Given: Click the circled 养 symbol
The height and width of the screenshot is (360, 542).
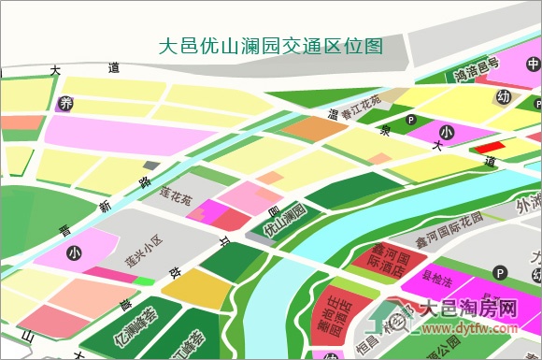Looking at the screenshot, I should tap(65, 104).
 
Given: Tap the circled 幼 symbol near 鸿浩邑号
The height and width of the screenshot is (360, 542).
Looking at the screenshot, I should tap(504, 96).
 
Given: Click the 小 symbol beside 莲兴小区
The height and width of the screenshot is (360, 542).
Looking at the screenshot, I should tap(74, 252).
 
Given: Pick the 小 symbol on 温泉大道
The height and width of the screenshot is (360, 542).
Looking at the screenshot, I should tap(446, 133).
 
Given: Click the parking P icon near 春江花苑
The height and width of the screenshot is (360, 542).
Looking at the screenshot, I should tap(410, 119).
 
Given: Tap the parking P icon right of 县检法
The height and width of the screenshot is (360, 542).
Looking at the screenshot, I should tap(500, 273).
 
